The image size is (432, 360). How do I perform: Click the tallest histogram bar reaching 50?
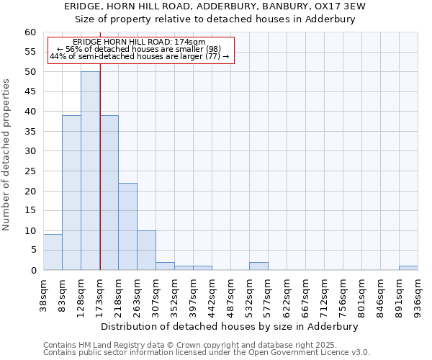point(90,171)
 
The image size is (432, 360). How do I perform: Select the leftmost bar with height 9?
point(53,252)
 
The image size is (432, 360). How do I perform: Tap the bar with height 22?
point(127,226)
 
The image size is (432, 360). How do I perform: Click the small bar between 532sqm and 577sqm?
point(258,266)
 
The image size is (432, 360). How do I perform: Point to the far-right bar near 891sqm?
point(408,268)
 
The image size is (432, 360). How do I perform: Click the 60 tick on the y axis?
point(30,32)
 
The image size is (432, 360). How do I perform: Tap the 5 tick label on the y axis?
point(32,251)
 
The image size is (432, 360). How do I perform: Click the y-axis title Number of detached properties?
point(7,155)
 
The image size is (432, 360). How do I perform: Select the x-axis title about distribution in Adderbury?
point(229,326)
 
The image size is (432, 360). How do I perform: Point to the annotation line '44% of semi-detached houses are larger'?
point(139,56)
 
